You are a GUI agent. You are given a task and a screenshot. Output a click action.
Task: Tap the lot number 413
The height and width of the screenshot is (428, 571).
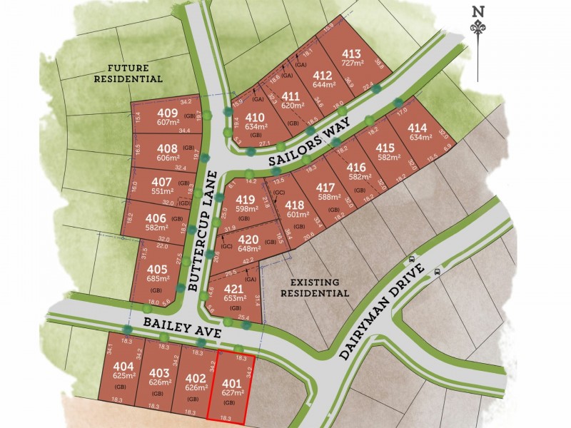point(350,54)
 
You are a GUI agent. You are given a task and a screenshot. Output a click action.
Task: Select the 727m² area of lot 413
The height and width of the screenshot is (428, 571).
point(350,65)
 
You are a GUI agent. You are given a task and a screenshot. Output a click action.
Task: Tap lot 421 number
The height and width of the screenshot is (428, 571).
point(233,289)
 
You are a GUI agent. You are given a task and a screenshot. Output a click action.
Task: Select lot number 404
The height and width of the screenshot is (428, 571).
point(124,367)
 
